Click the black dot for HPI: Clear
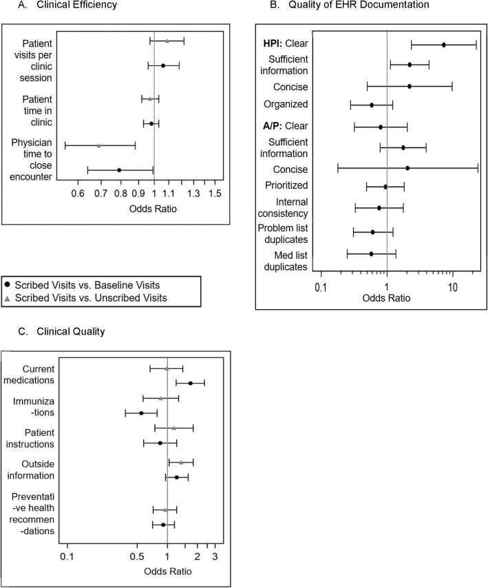coord(444,45)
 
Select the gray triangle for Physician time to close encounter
coord(99,145)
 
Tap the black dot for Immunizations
coord(141,413)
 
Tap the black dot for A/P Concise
coord(407,168)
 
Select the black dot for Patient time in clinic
coord(151,123)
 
